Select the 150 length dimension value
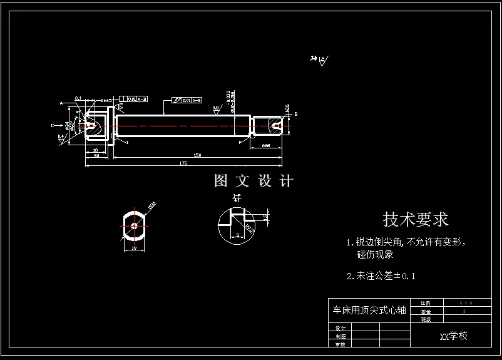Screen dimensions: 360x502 (x=197, y=155)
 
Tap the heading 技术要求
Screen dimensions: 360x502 (x=416, y=220)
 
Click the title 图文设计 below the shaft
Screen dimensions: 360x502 (x=254, y=182)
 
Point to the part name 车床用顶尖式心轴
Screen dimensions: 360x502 (x=369, y=310)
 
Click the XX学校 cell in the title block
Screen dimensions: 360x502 (x=454, y=336)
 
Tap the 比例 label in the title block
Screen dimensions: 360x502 (x=426, y=302)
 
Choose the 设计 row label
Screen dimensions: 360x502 (x=341, y=328)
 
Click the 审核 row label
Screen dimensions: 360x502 (x=341, y=344)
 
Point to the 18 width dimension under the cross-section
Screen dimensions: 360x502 (x=135, y=249)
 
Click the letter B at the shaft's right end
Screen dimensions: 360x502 (x=295, y=114)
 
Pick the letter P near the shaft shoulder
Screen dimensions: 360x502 (x=240, y=143)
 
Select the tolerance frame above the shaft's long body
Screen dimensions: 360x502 (x=187, y=100)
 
